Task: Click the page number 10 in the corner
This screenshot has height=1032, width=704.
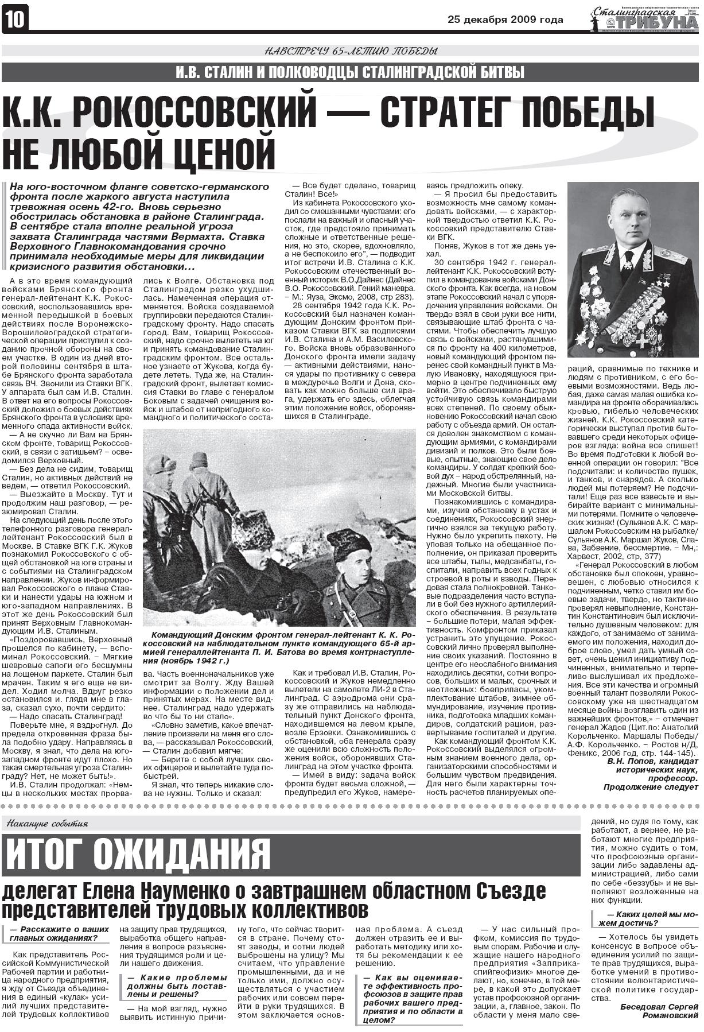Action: point(15,20)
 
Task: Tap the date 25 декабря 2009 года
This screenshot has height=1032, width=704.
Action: point(505,20)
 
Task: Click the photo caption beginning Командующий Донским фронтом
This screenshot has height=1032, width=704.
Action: point(279,647)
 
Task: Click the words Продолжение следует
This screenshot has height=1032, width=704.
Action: point(651,788)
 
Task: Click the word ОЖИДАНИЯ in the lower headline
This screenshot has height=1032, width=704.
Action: point(181,854)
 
